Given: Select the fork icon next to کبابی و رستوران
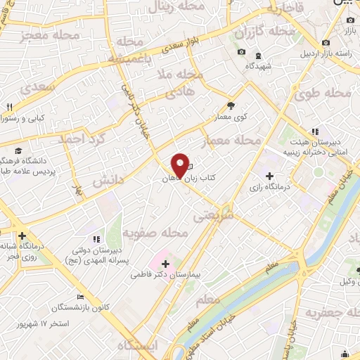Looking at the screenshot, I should pos(9,108).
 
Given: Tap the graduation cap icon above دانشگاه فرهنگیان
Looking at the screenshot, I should pos(18,150).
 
